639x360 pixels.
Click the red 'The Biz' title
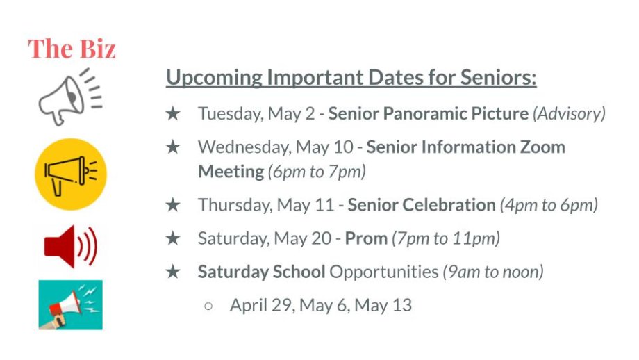click(x=72, y=49)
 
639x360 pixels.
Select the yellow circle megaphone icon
click(x=71, y=174)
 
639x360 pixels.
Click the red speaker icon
click(x=71, y=246)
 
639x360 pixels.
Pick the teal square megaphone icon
click(x=71, y=305)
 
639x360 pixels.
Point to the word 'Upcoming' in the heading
click(x=214, y=78)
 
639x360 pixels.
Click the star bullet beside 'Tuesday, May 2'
click(x=173, y=113)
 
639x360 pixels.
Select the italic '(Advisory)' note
click(x=570, y=114)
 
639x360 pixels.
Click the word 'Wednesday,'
click(x=244, y=147)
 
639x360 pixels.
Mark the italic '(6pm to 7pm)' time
click(x=317, y=172)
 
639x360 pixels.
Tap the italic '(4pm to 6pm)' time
click(x=549, y=205)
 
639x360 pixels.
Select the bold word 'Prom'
click(x=366, y=238)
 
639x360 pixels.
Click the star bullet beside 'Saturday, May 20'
click(x=173, y=238)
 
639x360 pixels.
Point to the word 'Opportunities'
click(x=384, y=272)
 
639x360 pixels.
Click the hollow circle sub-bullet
click(x=208, y=306)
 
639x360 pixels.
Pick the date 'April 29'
click(x=260, y=305)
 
